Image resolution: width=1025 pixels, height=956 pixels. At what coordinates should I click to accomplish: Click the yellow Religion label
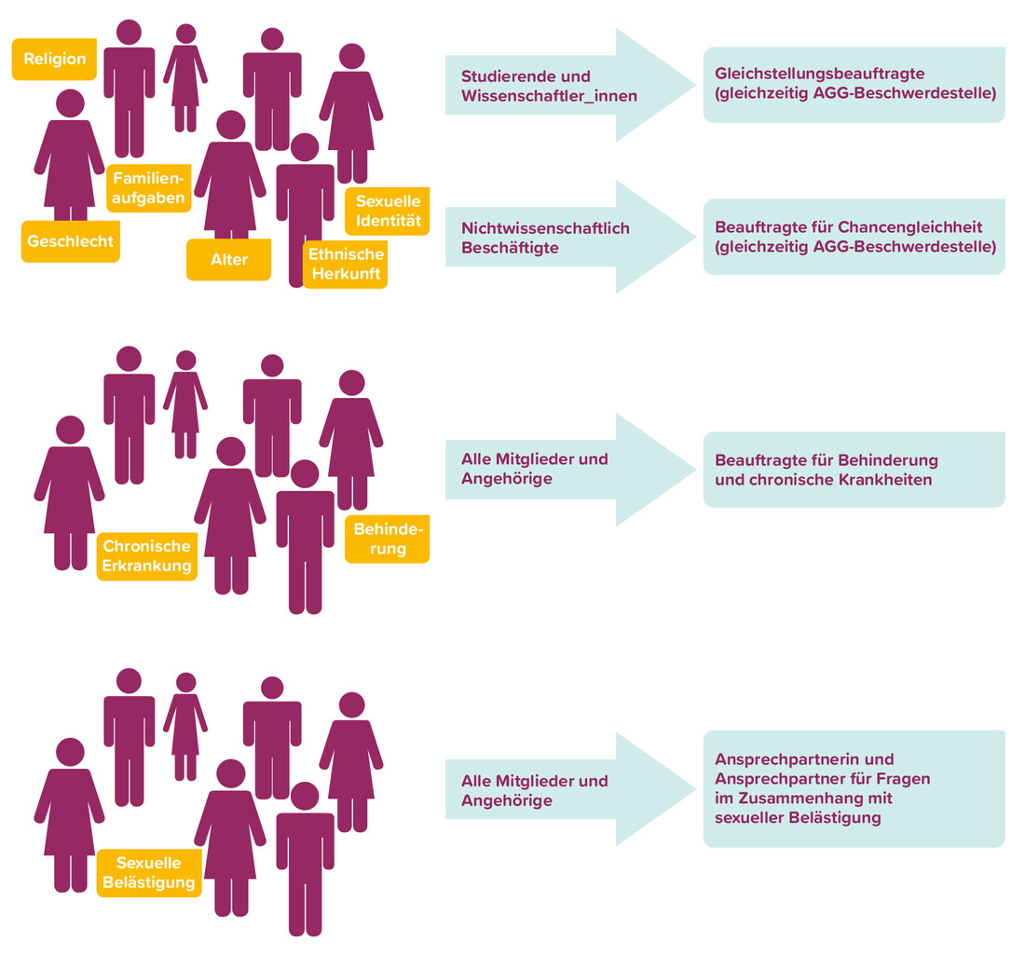tap(54, 59)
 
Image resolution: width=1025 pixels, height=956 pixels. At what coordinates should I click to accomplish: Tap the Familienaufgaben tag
tap(148, 188)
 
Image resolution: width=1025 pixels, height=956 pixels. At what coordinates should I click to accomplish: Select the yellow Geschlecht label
tap(70, 241)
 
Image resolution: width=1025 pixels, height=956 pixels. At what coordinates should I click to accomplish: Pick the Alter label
tap(228, 259)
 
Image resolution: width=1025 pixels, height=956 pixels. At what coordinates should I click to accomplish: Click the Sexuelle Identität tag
tap(388, 212)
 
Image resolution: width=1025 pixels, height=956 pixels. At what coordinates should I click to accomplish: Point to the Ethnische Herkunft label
tap(346, 264)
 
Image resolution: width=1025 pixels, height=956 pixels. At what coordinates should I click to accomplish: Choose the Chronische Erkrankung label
tap(147, 556)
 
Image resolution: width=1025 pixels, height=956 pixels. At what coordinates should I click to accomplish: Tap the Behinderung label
tap(388, 539)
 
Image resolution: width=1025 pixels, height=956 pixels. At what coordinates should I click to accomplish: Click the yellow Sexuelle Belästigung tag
tap(148, 872)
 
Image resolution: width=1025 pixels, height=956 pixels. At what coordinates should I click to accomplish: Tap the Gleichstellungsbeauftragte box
tap(854, 84)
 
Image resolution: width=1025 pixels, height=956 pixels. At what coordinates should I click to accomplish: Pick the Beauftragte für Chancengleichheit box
tap(854, 237)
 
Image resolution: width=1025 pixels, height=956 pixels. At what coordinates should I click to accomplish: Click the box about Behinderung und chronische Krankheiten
tap(854, 470)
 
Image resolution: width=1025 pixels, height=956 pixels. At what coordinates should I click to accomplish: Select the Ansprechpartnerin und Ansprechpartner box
tap(854, 788)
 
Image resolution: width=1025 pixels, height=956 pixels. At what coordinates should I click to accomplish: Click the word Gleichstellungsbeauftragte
tap(819, 74)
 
